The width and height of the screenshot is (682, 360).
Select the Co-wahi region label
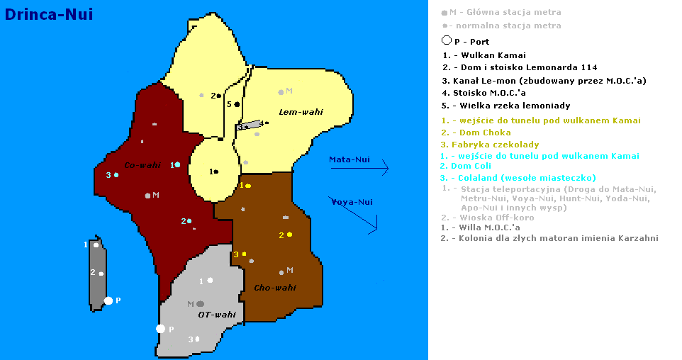pyautogui.click(x=142, y=166)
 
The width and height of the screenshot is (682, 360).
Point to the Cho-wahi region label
pyautogui.click(x=274, y=287)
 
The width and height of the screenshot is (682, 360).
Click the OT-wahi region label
pyautogui.click(x=216, y=315)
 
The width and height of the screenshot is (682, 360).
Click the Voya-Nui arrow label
pyautogui.click(x=352, y=202)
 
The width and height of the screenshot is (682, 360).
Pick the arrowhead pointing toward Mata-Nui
pyautogui.click(x=386, y=169)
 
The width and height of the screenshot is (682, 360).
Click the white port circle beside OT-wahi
pyautogui.click(x=161, y=328)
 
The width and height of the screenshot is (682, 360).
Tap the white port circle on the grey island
pyautogui.click(x=108, y=300)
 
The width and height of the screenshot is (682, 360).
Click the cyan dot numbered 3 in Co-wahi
pyautogui.click(x=116, y=174)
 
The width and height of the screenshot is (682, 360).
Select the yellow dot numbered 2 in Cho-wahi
pyautogui.click(x=290, y=234)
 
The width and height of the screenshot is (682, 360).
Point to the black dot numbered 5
pyautogui.click(x=237, y=104)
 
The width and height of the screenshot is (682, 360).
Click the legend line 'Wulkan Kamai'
pyautogui.click(x=483, y=55)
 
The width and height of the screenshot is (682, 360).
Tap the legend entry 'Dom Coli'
pyautogui.click(x=466, y=167)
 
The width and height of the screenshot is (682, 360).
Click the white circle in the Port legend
pyautogui.click(x=447, y=40)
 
